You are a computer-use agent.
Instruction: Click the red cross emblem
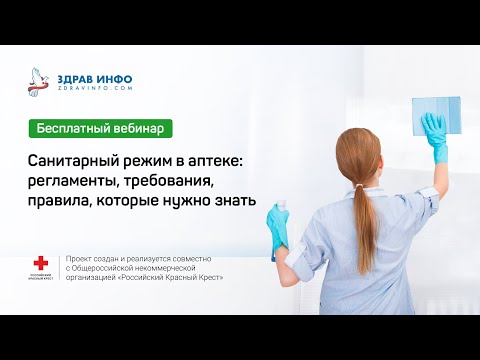(x=41, y=264)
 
